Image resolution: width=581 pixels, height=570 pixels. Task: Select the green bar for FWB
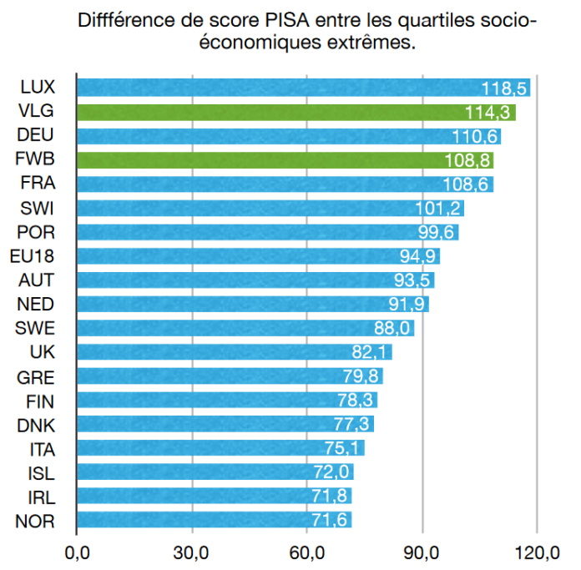click(285, 159)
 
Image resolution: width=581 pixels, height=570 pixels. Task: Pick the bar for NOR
click(214, 522)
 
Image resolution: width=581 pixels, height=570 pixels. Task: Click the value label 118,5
click(503, 88)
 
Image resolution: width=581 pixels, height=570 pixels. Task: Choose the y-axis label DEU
click(37, 135)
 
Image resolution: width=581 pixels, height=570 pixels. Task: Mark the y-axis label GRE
click(37, 376)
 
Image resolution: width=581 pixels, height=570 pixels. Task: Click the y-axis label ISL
click(41, 473)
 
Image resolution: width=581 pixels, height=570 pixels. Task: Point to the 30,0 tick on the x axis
click(191, 552)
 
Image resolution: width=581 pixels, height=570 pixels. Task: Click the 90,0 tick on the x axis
click(422, 552)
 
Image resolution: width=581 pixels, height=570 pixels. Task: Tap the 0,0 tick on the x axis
click(76, 552)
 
